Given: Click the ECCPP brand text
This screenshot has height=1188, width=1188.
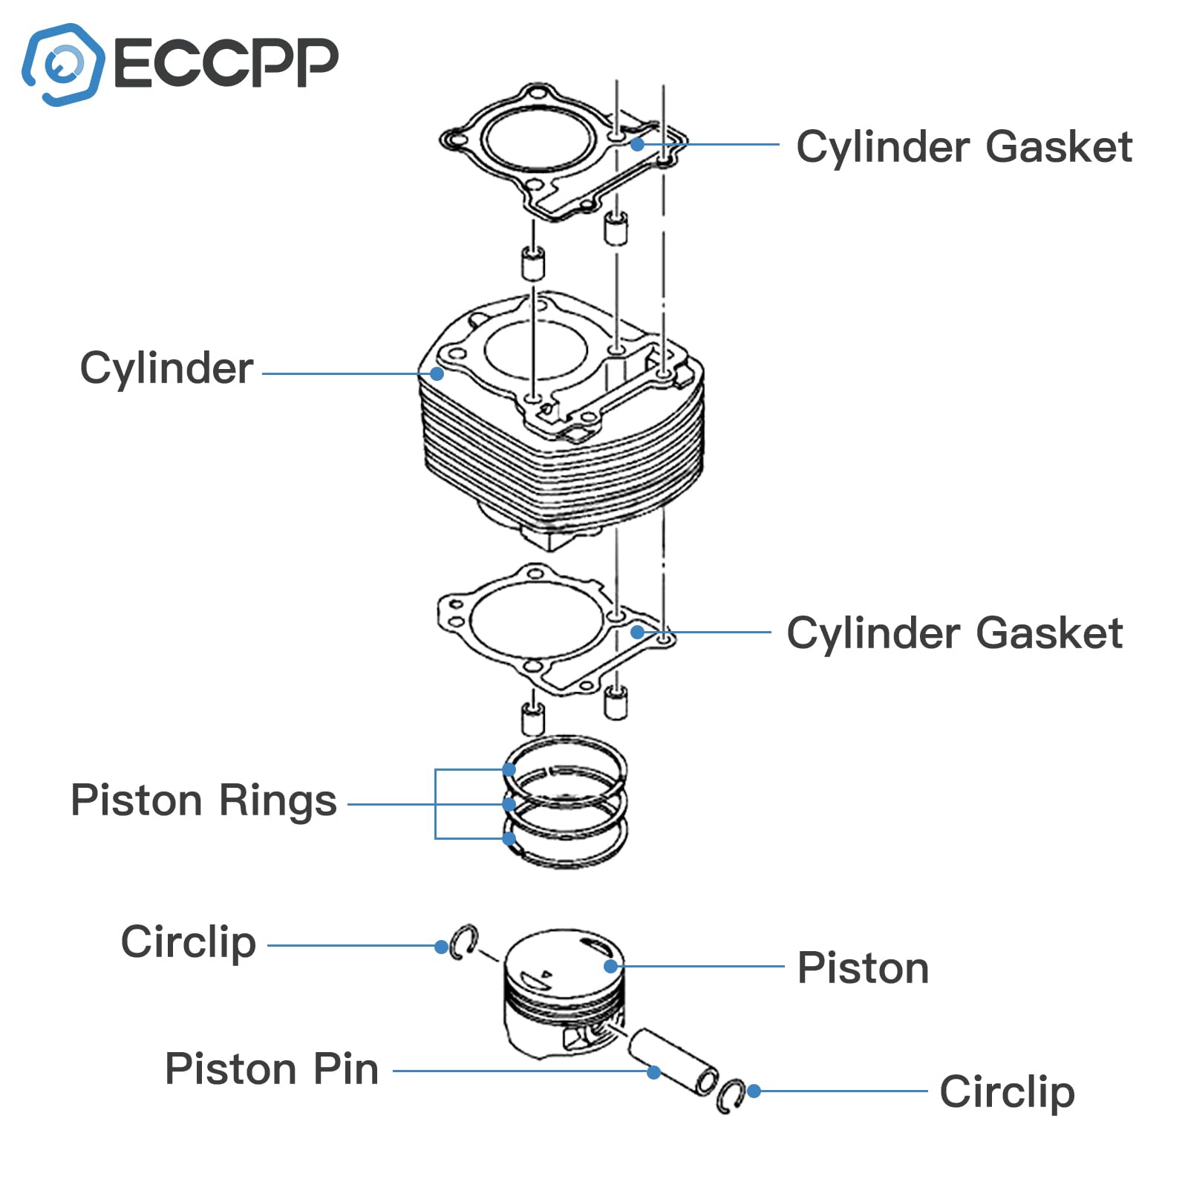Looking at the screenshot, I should point(226,62).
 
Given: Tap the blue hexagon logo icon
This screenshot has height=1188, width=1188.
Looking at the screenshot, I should point(63,65).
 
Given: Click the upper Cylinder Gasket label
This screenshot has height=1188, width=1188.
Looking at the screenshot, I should point(964,146).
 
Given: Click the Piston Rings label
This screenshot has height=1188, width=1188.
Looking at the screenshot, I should point(203,800).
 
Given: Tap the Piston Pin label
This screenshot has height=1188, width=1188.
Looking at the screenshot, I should point(272,1069).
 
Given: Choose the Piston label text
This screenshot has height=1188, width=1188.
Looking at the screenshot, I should point(863,968).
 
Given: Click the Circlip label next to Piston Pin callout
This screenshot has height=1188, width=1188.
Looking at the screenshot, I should point(1007,1091).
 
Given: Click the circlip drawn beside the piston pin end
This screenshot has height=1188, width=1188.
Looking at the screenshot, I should point(731,1094).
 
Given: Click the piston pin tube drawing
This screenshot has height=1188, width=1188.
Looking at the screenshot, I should point(672,1060).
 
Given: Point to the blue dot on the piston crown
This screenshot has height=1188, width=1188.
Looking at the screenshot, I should point(610,966).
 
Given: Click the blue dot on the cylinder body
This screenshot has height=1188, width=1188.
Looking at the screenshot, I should point(437,373).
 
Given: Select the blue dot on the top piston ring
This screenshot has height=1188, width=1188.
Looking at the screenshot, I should point(509,769).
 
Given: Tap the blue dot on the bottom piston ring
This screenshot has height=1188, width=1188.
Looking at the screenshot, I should point(509,838).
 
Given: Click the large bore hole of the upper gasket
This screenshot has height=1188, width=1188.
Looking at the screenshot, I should point(539,137).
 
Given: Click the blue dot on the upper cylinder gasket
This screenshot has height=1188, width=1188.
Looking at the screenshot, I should point(637,144).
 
